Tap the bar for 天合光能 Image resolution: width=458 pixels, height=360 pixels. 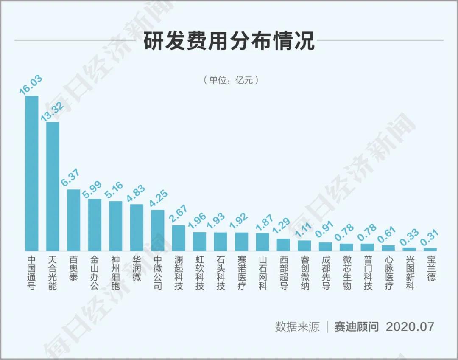tap(53, 186)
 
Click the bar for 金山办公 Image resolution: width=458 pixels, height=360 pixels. tap(95, 225)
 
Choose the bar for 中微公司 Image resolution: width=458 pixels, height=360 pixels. tap(157, 230)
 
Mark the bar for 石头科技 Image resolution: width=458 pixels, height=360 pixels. tap(221, 242)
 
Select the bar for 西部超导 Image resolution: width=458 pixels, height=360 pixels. tap(283, 245)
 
